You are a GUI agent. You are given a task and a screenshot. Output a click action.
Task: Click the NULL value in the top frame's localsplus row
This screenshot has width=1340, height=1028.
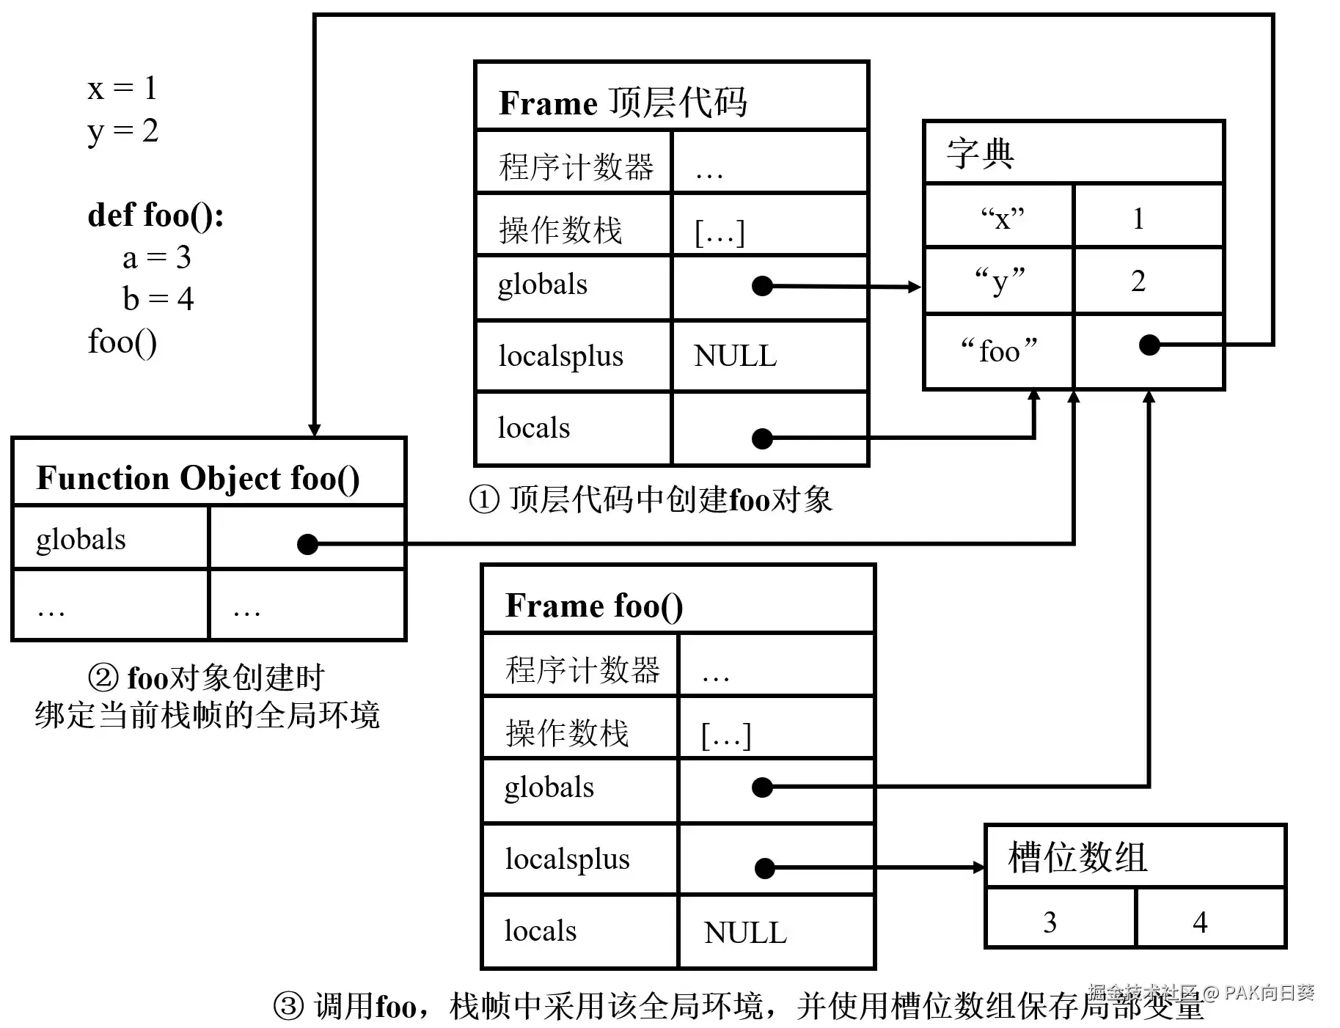click(735, 356)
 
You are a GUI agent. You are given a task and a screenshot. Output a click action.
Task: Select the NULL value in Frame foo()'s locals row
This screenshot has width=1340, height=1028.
click(745, 933)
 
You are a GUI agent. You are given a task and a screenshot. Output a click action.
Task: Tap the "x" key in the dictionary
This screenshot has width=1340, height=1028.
click(1002, 218)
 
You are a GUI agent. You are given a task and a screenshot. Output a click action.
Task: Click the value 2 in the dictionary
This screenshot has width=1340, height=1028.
click(1138, 281)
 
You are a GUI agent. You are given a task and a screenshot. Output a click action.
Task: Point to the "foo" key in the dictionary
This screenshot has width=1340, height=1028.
click(999, 351)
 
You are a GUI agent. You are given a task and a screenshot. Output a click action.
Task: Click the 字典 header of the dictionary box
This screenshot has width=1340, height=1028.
click(981, 154)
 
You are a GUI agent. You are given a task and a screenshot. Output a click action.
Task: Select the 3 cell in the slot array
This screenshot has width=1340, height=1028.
click(1050, 922)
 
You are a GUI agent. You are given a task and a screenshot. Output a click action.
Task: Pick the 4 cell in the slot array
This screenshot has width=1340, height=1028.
click(1200, 922)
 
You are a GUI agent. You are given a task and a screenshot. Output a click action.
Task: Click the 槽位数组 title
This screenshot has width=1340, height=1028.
click(1077, 856)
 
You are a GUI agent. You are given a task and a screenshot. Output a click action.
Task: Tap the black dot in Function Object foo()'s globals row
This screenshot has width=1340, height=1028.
click(307, 544)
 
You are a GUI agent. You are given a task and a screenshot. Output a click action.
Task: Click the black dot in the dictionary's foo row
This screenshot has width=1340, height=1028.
click(1149, 345)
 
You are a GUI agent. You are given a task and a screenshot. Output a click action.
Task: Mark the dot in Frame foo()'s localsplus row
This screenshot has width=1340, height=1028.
click(765, 869)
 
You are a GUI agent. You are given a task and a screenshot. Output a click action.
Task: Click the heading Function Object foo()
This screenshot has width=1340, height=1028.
click(198, 478)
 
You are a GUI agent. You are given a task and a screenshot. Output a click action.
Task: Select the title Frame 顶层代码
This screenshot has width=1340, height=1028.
click(623, 103)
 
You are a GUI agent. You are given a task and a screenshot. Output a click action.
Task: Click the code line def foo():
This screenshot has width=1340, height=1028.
click(155, 216)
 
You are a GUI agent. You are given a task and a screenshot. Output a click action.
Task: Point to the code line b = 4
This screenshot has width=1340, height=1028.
click(158, 298)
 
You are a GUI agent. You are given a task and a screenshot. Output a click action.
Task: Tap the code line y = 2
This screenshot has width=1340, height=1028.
click(122, 132)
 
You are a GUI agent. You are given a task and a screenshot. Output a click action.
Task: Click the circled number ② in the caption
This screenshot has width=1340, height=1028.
click(103, 677)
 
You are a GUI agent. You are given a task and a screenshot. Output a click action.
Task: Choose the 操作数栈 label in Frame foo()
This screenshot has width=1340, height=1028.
click(567, 733)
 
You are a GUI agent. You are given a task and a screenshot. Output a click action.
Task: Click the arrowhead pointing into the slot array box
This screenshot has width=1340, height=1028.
click(979, 868)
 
